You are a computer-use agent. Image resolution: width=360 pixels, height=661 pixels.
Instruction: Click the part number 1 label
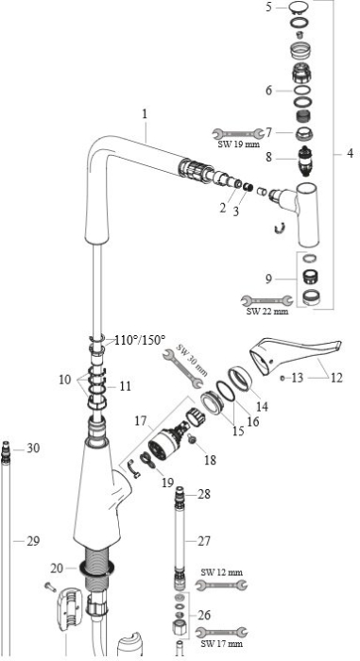coord(145,114)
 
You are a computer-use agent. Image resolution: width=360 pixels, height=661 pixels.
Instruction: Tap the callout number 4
coord(350,153)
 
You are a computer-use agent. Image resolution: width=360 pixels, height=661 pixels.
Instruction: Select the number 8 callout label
coord(269,158)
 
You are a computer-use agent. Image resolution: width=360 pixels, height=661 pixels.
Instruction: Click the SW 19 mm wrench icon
coord(238,134)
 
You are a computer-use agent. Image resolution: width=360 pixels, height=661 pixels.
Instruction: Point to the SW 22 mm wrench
coord(266,300)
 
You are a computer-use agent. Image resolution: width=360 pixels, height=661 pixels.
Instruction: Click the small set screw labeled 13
coord(283,378)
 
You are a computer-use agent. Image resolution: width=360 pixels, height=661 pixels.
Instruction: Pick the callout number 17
coord(141,421)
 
